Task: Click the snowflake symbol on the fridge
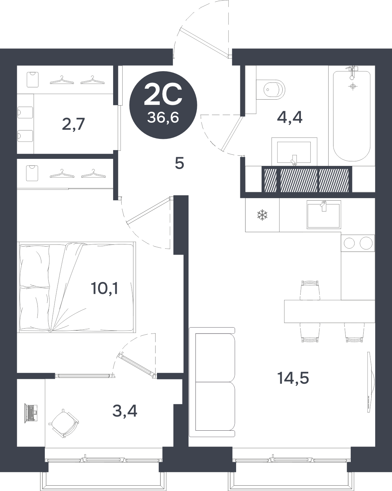point(262,215)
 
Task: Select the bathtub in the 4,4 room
point(352,116)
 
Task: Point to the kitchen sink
point(324,214)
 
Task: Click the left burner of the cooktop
point(349,243)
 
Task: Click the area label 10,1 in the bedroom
point(105,288)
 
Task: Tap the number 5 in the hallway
point(179,163)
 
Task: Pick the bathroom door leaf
point(232,134)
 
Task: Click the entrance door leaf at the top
point(204,41)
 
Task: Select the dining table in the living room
point(330,311)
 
